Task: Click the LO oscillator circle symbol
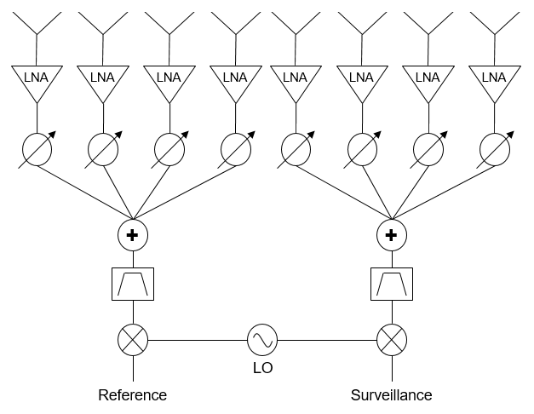click(262, 341)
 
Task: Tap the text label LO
click(262, 369)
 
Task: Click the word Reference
click(133, 395)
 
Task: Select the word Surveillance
click(392, 395)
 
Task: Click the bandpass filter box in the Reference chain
click(133, 285)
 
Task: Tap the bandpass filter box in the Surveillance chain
click(392, 285)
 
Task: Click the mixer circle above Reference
click(133, 341)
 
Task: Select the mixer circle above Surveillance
click(392, 341)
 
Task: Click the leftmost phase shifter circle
click(36, 150)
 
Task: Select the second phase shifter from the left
click(102, 150)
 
